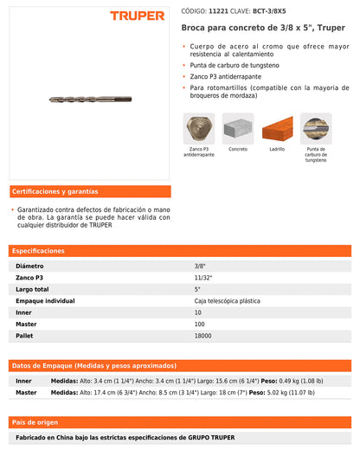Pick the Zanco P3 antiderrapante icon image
pos(199,128)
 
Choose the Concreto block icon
pos(238,128)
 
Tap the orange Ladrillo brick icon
pos(277,128)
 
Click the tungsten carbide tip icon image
pos(316,128)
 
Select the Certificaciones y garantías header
pos(55,191)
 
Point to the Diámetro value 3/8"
pos(200,266)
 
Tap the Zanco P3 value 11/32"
pos(203,277)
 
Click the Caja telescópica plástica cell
pos(227,300)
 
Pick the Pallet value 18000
pos(204,335)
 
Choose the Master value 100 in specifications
pos(201,324)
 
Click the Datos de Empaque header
pos(93,365)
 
